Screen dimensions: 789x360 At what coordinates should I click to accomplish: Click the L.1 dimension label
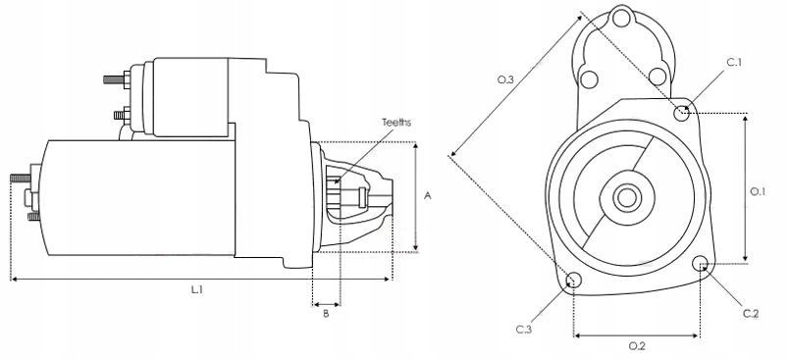[x=196, y=289]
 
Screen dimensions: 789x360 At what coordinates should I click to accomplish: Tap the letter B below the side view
[x=326, y=314]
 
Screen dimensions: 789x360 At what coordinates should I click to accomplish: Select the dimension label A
[x=428, y=195]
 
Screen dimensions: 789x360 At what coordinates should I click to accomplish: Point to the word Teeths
[x=396, y=123]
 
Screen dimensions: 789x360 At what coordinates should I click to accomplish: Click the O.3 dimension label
[x=505, y=79]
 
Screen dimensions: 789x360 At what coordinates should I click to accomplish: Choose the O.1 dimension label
[x=758, y=191]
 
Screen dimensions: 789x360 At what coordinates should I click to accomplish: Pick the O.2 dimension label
[x=637, y=346]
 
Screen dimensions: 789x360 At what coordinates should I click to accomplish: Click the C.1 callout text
[x=735, y=63]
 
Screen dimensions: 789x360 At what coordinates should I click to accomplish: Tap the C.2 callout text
[x=751, y=314]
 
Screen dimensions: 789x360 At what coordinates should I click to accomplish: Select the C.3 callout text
[x=524, y=330]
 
